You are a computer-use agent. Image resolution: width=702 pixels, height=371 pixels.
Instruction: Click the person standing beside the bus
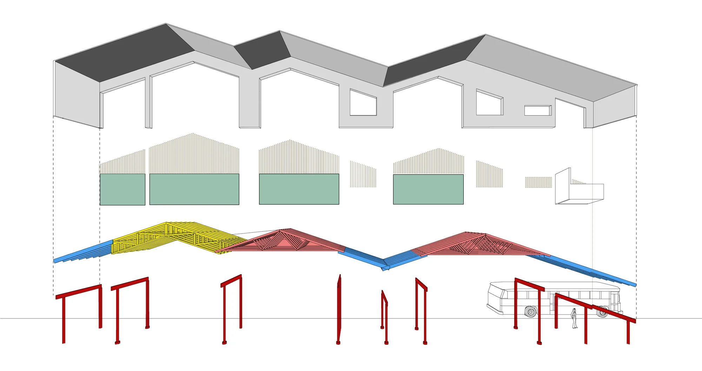(x=574, y=318)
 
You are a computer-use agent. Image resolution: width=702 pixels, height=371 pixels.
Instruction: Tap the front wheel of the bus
(x=530, y=311)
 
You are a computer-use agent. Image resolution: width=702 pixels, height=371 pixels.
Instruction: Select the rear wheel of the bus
(x=602, y=311)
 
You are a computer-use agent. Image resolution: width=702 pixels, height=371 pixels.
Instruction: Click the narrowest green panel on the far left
(x=122, y=189)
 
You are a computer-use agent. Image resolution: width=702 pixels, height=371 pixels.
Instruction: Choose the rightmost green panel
(x=428, y=189)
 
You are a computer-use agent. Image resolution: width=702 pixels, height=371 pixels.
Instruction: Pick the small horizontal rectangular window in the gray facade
(x=537, y=110)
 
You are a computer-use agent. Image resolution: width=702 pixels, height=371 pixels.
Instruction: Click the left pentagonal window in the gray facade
(x=363, y=103)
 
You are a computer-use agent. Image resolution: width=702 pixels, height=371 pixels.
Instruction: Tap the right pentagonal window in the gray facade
(x=489, y=103)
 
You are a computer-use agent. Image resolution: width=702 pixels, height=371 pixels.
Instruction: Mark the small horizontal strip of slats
(x=538, y=182)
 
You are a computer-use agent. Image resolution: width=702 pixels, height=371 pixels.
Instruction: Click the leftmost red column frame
(x=79, y=309)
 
